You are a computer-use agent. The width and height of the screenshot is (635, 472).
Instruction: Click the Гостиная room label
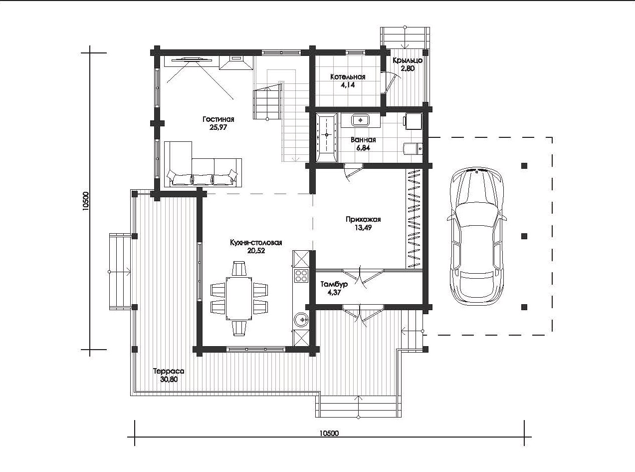(x=218, y=119)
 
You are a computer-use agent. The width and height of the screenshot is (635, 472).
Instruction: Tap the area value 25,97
(x=218, y=127)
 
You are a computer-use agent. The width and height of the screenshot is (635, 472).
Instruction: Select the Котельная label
(x=348, y=77)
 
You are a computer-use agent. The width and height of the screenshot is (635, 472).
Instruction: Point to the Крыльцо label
(x=408, y=60)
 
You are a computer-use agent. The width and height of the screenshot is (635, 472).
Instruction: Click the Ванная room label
(x=363, y=140)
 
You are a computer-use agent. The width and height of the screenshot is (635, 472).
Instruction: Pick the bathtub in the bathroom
(x=326, y=138)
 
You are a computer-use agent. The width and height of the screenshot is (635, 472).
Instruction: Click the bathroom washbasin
(x=361, y=120)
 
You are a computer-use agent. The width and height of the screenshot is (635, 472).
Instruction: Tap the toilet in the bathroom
(x=413, y=148)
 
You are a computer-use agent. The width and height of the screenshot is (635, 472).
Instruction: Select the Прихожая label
(x=363, y=219)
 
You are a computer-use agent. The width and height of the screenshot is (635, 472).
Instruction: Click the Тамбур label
(x=334, y=284)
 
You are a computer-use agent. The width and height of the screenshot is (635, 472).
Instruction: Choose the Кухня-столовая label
(x=256, y=243)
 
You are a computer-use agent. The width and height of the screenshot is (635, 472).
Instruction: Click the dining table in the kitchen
(x=239, y=298)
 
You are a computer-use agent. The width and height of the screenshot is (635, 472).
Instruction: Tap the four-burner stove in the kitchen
(x=301, y=276)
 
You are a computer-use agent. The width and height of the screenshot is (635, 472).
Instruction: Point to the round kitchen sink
(x=301, y=319)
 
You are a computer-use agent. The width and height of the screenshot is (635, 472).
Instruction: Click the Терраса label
(x=169, y=371)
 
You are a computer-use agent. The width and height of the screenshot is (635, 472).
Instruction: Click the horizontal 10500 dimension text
(x=329, y=433)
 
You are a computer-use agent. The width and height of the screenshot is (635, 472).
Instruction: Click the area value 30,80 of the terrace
(x=169, y=380)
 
